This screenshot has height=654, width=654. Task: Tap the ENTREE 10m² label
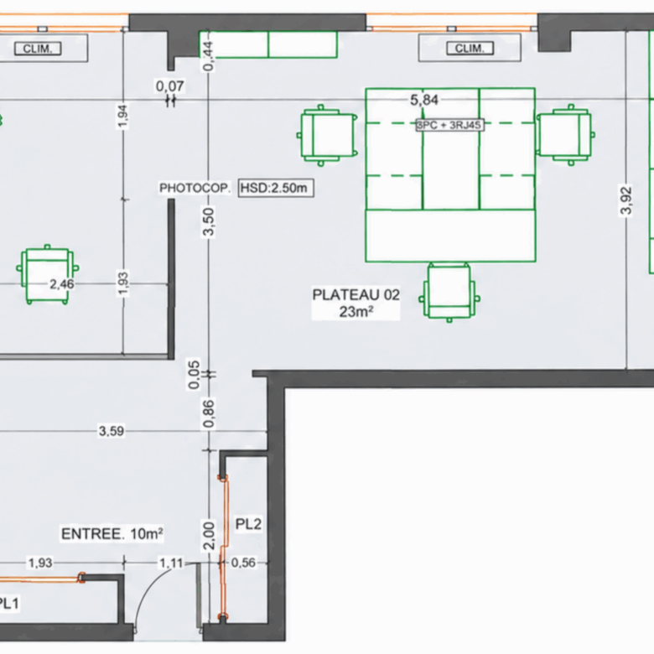pos(112,534)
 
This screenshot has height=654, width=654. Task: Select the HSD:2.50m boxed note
pos(276,188)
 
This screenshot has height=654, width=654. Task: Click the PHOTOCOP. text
pos(195,188)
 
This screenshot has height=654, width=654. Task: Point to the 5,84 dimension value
pos(424,100)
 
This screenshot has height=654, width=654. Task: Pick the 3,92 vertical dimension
pos(626,200)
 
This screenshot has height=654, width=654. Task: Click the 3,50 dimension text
pos(208,221)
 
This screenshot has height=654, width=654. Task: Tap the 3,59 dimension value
pos(112,431)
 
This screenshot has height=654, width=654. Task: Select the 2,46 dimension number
pos(62,284)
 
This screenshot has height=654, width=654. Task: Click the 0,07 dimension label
pos(169,86)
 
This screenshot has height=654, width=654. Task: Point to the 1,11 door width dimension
pos(171,563)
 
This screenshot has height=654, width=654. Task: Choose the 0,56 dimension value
pos(243,563)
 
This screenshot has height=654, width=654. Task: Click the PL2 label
pos(248,524)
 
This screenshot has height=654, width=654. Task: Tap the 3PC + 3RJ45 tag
pos(449,125)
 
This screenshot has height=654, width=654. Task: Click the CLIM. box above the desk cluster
pos(470,49)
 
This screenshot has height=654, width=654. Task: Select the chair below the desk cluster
pos(449,293)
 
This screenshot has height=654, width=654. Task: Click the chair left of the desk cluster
pos(327,136)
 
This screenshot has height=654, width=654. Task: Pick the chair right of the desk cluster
pos(565,134)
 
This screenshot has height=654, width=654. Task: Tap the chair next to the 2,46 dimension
pos(47,274)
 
